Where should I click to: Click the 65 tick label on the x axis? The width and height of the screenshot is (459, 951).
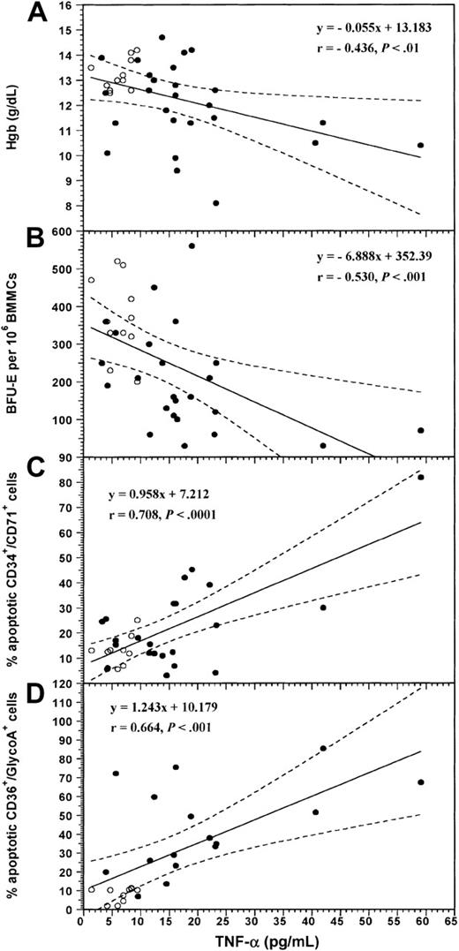tap(449, 919)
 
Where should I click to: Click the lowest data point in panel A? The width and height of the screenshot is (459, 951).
tap(216, 202)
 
